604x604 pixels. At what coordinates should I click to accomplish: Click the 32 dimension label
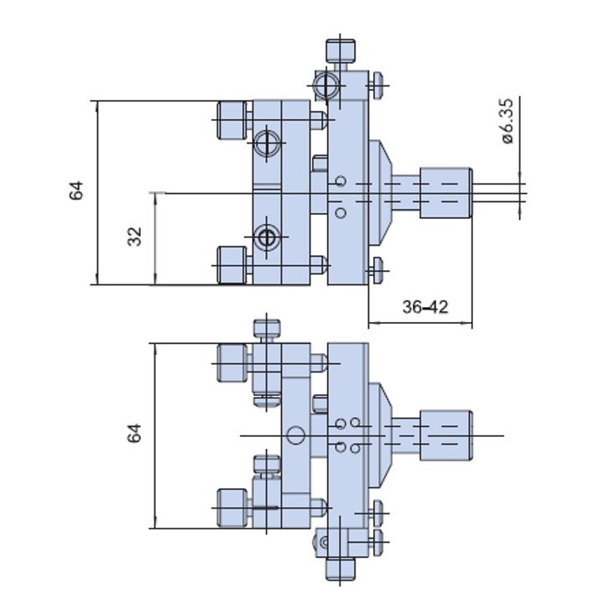135,237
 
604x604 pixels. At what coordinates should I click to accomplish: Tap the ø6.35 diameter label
508,122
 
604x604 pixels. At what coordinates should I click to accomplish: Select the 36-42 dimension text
425,307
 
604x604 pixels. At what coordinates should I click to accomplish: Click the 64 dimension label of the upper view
76,190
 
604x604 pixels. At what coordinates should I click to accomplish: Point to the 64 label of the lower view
135,434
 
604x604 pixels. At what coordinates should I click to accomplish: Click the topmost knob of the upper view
341,51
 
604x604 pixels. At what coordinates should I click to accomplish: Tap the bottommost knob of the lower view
340,569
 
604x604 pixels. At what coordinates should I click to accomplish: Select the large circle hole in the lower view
295,435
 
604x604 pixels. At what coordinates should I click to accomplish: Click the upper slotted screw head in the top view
267,143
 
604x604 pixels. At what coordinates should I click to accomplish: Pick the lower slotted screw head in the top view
267,237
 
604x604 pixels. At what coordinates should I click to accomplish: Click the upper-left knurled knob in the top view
232,120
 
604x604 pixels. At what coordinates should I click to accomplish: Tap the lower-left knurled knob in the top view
232,265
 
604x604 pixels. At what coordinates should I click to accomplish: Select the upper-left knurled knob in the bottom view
232,363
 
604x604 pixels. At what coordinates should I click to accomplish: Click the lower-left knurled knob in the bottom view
232,508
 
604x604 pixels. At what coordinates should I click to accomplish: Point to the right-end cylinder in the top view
446,193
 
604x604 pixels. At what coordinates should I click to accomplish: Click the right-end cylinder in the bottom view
446,435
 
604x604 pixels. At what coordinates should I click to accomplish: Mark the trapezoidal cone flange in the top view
381,193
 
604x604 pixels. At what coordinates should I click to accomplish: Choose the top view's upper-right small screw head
377,85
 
